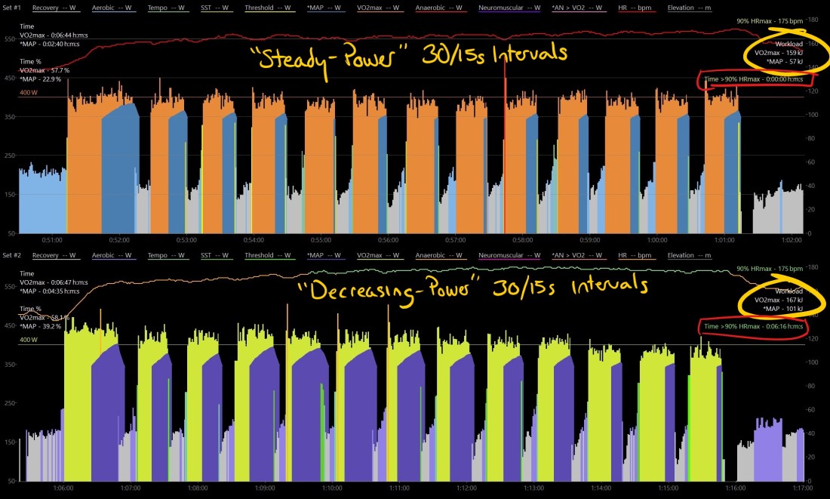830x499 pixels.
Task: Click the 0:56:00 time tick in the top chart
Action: pyautogui.click(x=389, y=240)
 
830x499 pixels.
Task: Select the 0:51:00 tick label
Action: pyautogui.click(x=52, y=240)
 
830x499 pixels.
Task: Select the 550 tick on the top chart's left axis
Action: pyautogui.click(x=10, y=39)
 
